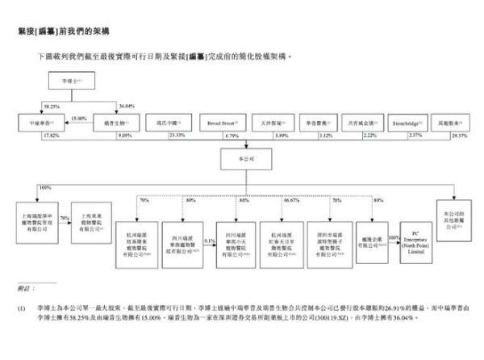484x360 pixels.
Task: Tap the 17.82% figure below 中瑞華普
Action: coord(31,136)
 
